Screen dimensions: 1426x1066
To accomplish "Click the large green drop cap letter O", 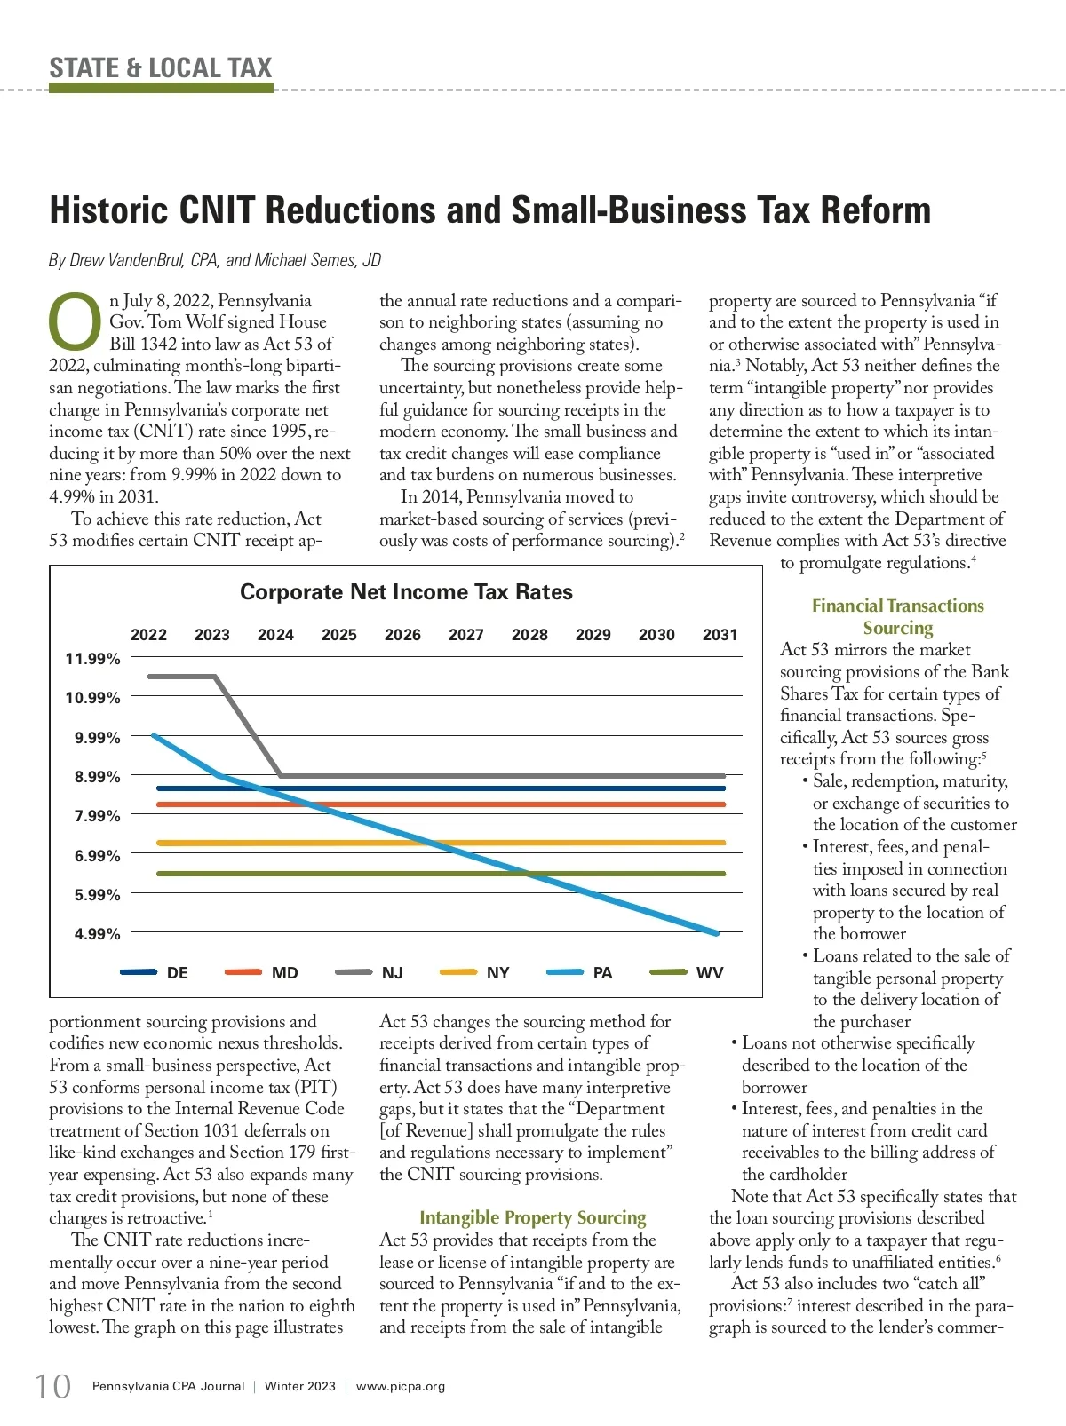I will pyautogui.click(x=76, y=321).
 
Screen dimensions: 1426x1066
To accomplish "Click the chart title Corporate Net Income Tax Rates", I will pyautogui.click(x=406, y=592).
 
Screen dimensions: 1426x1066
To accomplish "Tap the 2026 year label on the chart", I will pyautogui.click(x=402, y=635).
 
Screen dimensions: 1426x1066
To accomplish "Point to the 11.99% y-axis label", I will pyautogui.click(x=92, y=659).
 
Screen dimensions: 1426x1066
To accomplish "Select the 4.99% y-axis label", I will pyautogui.click(x=97, y=934).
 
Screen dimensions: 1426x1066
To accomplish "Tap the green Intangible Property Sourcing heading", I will pyautogui.click(x=533, y=1218).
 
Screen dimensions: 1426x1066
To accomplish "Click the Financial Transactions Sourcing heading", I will pyautogui.click(x=898, y=616).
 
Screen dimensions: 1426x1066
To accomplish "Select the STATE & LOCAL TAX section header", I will pyautogui.click(x=161, y=68).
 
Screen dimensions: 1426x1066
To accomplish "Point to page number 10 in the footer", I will pyautogui.click(x=52, y=1386).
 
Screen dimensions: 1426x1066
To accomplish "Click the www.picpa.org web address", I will pyautogui.click(x=401, y=1386).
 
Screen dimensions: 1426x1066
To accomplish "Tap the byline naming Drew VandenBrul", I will pyautogui.click(x=215, y=260).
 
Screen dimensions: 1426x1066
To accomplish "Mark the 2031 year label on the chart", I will pyautogui.click(x=720, y=635).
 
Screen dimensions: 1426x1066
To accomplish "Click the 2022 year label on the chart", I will pyautogui.click(x=148, y=635).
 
